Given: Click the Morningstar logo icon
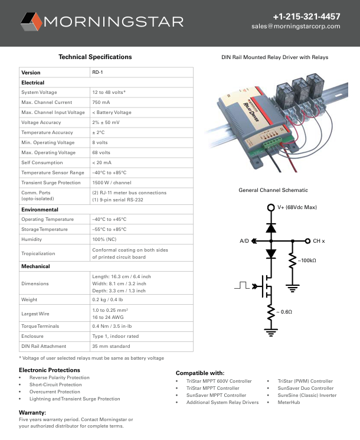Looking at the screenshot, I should pos(31,22).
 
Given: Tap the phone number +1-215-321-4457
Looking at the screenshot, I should pos(306,17).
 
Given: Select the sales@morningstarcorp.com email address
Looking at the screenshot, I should pos(296,27).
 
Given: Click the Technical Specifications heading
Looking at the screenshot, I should pos(95,57).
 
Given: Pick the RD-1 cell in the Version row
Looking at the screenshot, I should pos(97,73).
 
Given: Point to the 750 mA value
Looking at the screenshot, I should pos(101,103).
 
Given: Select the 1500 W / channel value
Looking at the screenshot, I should pos(112,182).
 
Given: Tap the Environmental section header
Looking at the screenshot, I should pos(40,210).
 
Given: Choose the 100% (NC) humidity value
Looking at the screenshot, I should pos(104,239).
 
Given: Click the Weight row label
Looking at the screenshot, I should pos(30,300).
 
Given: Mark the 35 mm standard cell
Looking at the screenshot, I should pos(111,346).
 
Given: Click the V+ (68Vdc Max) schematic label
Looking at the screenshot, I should pos(297,208).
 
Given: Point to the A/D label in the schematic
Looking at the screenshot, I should pos(244,241).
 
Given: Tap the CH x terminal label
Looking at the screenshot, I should pos(319,241).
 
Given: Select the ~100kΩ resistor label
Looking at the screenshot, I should pos(307,260).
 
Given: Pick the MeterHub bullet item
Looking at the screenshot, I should pos(289,402).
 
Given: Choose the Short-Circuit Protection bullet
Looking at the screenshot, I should pos(55,384).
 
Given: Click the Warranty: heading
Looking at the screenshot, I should pos(32,412).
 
